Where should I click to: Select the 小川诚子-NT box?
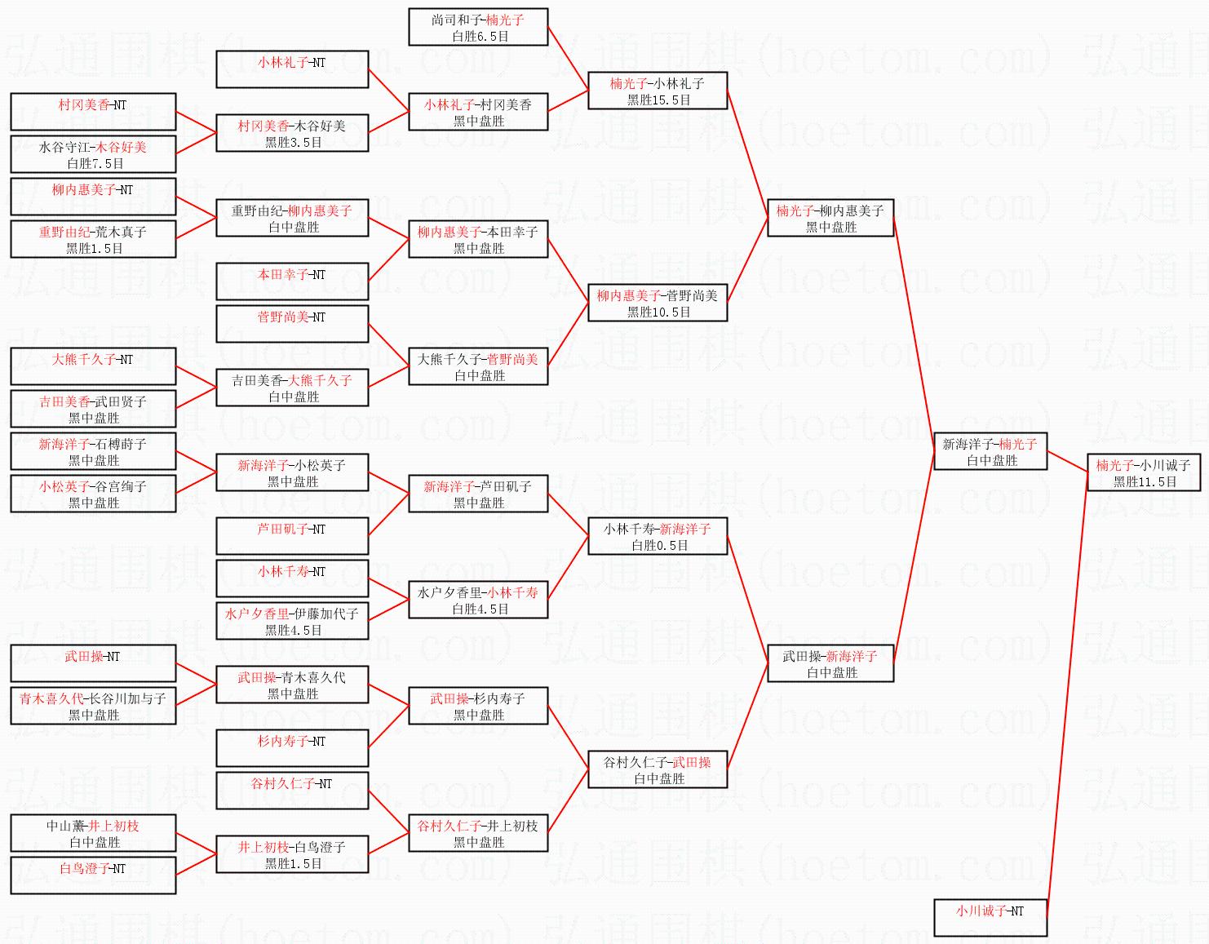coord(990,917)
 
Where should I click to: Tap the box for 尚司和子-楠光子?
coord(477,27)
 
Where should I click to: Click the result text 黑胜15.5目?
coord(658,100)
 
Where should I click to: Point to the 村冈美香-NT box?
coord(93,112)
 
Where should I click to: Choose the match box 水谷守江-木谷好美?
coord(93,154)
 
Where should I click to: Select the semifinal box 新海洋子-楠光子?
coord(990,451)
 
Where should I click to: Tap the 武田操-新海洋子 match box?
coord(830,663)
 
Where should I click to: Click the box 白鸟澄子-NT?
coord(93,875)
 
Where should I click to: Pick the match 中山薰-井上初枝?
coord(93,833)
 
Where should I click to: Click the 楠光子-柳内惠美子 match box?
coord(830,218)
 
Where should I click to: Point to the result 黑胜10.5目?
coord(658,312)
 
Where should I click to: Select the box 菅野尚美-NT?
coord(292,324)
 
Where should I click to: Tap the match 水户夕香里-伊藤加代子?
coord(292,621)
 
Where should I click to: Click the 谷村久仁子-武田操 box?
coord(657,769)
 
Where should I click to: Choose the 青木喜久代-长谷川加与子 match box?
coord(93,706)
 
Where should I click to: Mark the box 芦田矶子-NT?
coord(292,536)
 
